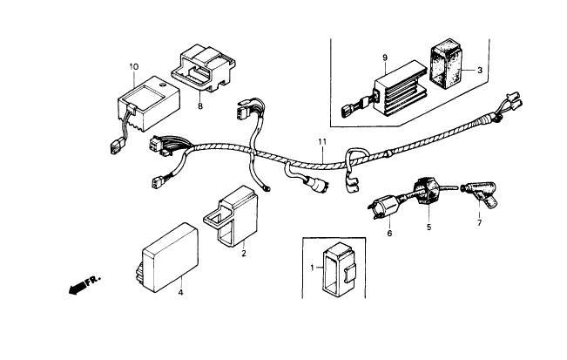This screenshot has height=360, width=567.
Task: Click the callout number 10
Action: click(133, 67)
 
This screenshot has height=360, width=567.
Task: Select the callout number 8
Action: click(199, 107)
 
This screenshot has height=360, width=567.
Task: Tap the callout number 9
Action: click(383, 58)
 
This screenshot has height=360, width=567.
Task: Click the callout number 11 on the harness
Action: click(321, 142)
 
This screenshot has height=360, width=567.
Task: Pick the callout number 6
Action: click(389, 234)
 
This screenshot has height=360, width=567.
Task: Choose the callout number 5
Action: click(429, 228)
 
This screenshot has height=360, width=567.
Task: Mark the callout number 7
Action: click(477, 222)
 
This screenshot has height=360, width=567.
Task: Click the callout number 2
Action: click(244, 254)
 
